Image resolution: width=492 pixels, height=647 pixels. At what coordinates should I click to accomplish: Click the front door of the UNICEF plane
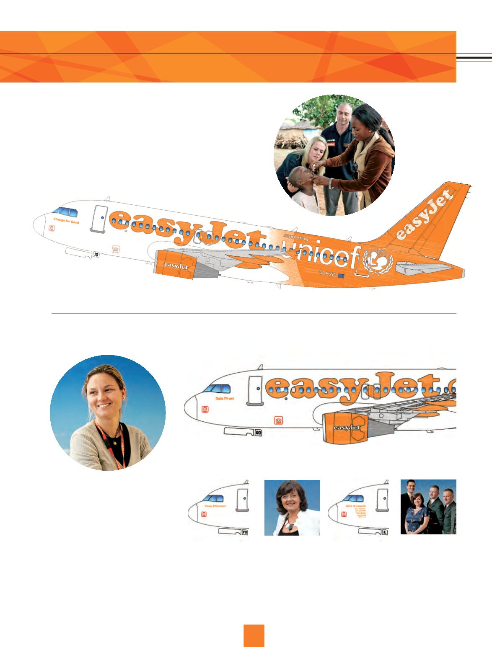[99, 218]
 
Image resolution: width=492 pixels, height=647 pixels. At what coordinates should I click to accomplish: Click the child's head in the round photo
[302, 175]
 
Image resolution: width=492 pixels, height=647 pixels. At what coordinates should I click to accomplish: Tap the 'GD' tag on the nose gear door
[258, 433]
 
